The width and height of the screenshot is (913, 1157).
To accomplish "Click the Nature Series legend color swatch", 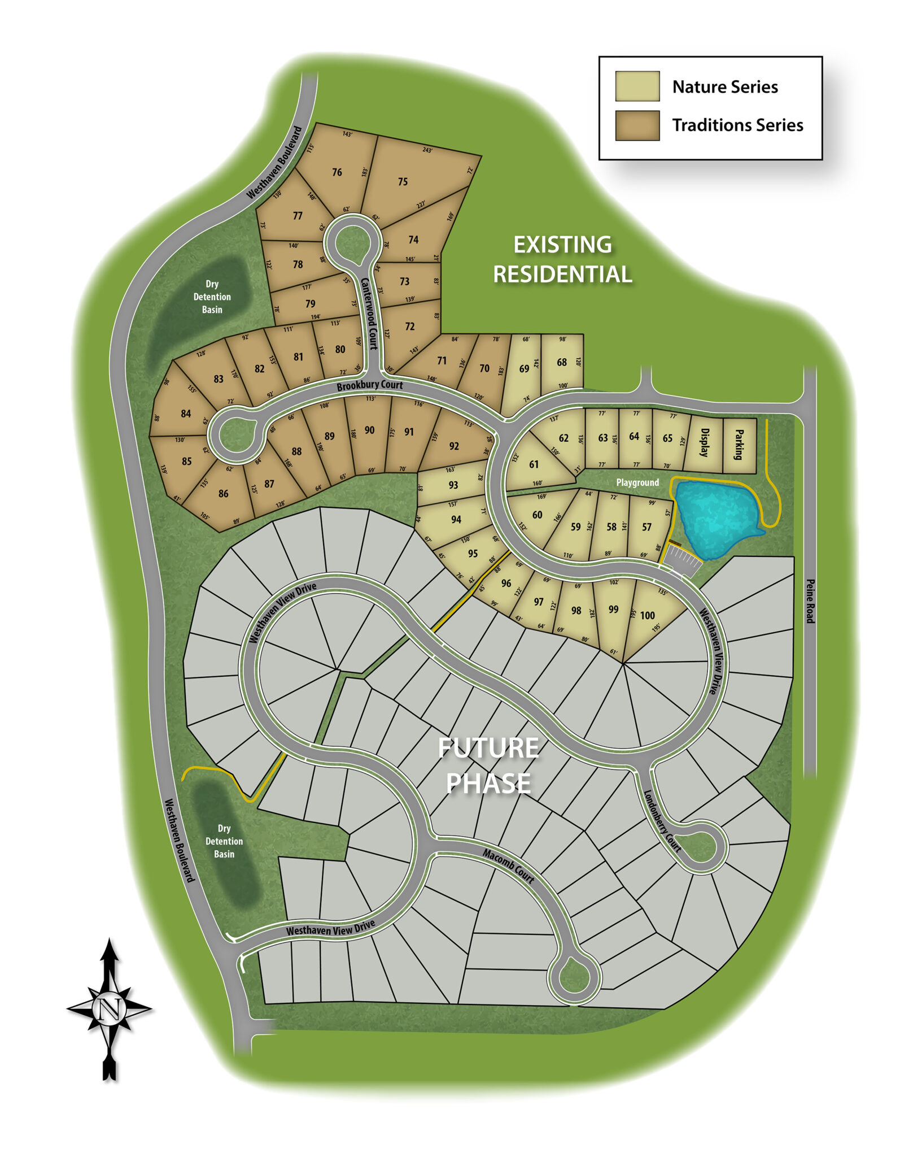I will (637, 86).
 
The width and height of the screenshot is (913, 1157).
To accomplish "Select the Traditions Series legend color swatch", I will (637, 125).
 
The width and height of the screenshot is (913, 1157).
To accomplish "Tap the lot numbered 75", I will (403, 181).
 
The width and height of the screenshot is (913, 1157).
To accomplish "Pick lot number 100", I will (647, 615).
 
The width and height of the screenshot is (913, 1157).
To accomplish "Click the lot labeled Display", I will (704, 443).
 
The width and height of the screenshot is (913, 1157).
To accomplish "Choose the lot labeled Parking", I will (739, 445).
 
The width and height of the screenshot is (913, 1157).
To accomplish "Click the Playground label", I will (637, 482).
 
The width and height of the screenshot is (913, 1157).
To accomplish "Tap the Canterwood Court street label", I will (369, 314).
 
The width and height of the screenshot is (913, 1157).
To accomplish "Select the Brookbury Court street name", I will (369, 385).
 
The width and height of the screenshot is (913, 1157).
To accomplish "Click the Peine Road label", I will (810, 601).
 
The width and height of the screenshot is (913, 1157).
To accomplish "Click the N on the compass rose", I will (110, 1008).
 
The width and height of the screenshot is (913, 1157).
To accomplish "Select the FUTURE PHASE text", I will (488, 765).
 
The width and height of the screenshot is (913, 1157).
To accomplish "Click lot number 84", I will (186, 414).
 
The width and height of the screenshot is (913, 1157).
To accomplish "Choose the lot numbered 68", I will (561, 362).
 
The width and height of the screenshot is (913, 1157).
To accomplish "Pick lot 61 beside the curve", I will (534, 464).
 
